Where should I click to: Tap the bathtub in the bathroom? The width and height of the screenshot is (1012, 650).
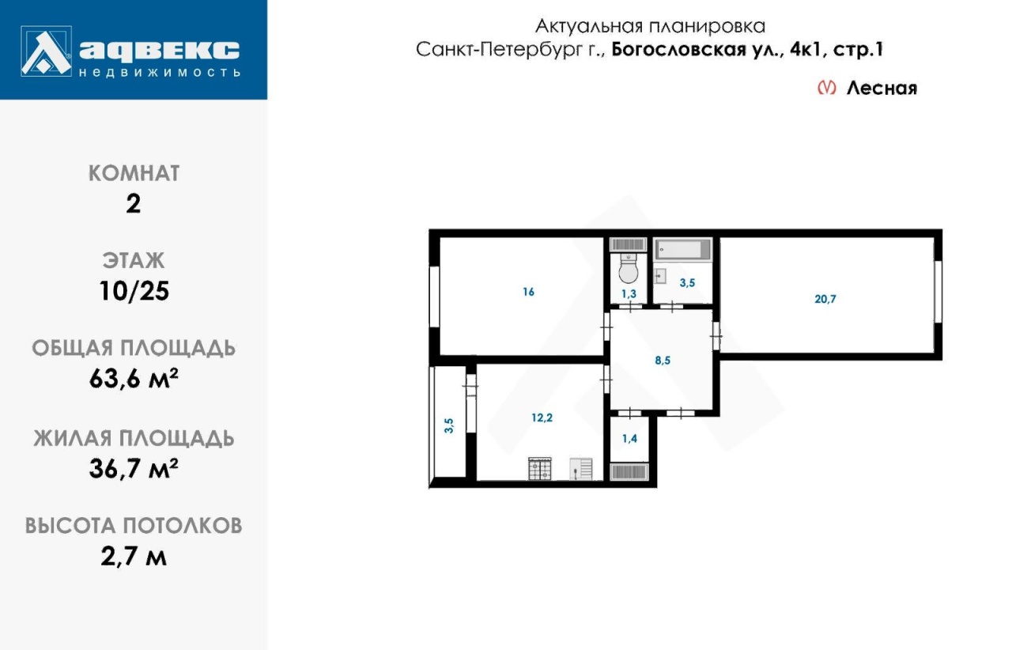click(682, 249)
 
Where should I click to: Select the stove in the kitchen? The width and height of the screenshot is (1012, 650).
click(540, 469)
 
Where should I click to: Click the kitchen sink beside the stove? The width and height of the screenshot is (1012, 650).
click(581, 469)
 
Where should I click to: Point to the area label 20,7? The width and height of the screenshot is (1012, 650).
click(825, 299)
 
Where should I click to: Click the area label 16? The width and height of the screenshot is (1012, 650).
click(529, 292)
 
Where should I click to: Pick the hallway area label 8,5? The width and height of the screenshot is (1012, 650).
click(663, 361)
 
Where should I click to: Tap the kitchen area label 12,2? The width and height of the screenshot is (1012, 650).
click(542, 418)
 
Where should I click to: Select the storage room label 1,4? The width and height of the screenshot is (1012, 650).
click(630, 438)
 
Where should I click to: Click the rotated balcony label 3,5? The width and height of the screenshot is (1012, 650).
click(448, 425)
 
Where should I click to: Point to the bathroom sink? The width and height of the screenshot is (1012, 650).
click(660, 276)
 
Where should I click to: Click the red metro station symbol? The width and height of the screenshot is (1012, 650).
click(827, 87)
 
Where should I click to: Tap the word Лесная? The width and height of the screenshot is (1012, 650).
click(882, 88)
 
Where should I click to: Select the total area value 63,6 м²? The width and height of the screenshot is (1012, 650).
click(134, 378)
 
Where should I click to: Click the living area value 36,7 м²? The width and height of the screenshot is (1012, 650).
click(134, 468)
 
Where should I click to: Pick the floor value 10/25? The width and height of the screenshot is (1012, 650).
click(134, 291)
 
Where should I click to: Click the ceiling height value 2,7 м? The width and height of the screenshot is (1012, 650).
click(134, 556)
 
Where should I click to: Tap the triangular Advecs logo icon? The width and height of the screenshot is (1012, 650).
click(46, 51)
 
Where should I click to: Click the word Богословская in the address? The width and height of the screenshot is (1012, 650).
click(678, 49)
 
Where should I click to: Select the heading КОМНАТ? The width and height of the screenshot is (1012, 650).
click(134, 173)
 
